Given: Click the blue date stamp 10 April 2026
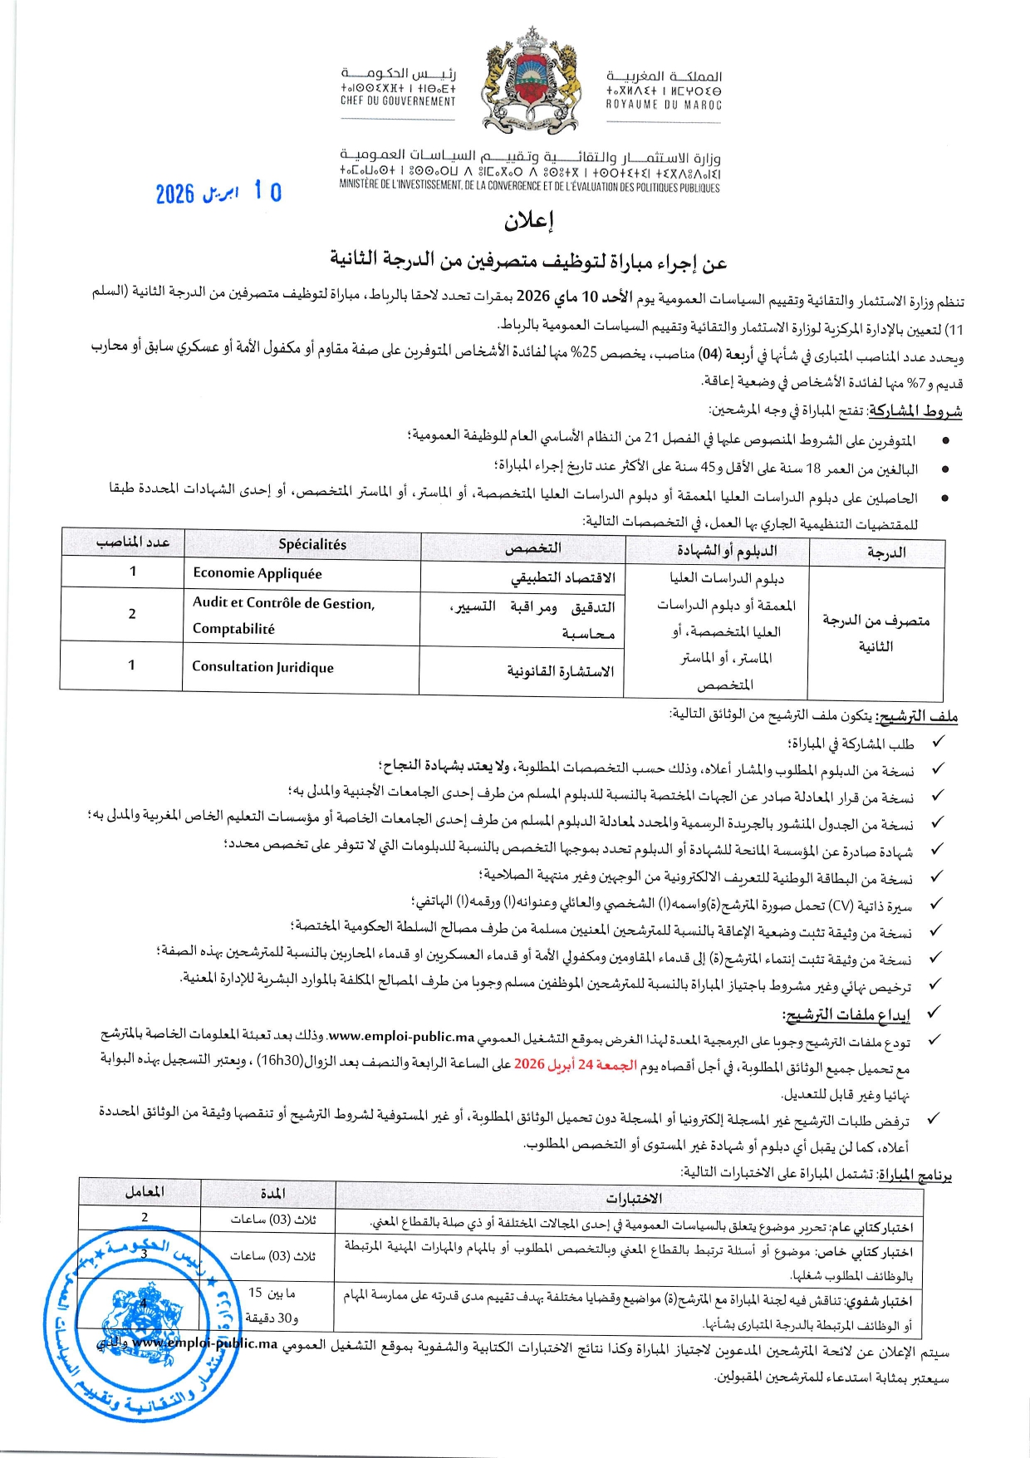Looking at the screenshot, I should tap(218, 194).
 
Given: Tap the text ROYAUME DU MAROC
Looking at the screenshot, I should tap(663, 106).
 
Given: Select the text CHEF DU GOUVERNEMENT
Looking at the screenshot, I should tap(398, 101).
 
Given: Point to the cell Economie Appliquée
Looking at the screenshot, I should tap(257, 573).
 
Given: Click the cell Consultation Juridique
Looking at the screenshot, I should tap(262, 667).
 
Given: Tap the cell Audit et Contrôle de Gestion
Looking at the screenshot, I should tap(284, 604).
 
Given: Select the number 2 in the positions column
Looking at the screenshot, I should tap(132, 614).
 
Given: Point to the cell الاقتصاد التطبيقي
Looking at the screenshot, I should tap(562, 578).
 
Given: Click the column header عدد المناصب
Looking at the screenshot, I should tap(133, 542).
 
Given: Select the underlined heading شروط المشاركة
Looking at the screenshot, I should tap(915, 411).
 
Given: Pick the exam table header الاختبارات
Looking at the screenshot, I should tap(634, 1198).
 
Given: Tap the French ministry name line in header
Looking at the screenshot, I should tap(530, 188).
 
